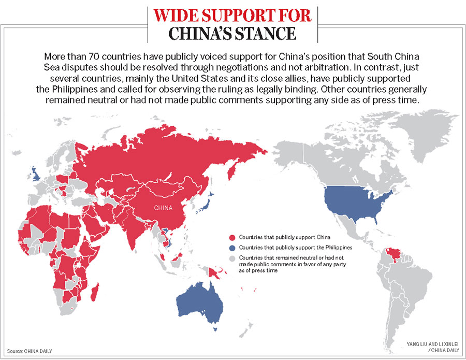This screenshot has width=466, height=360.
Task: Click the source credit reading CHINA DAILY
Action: point(38,351)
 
